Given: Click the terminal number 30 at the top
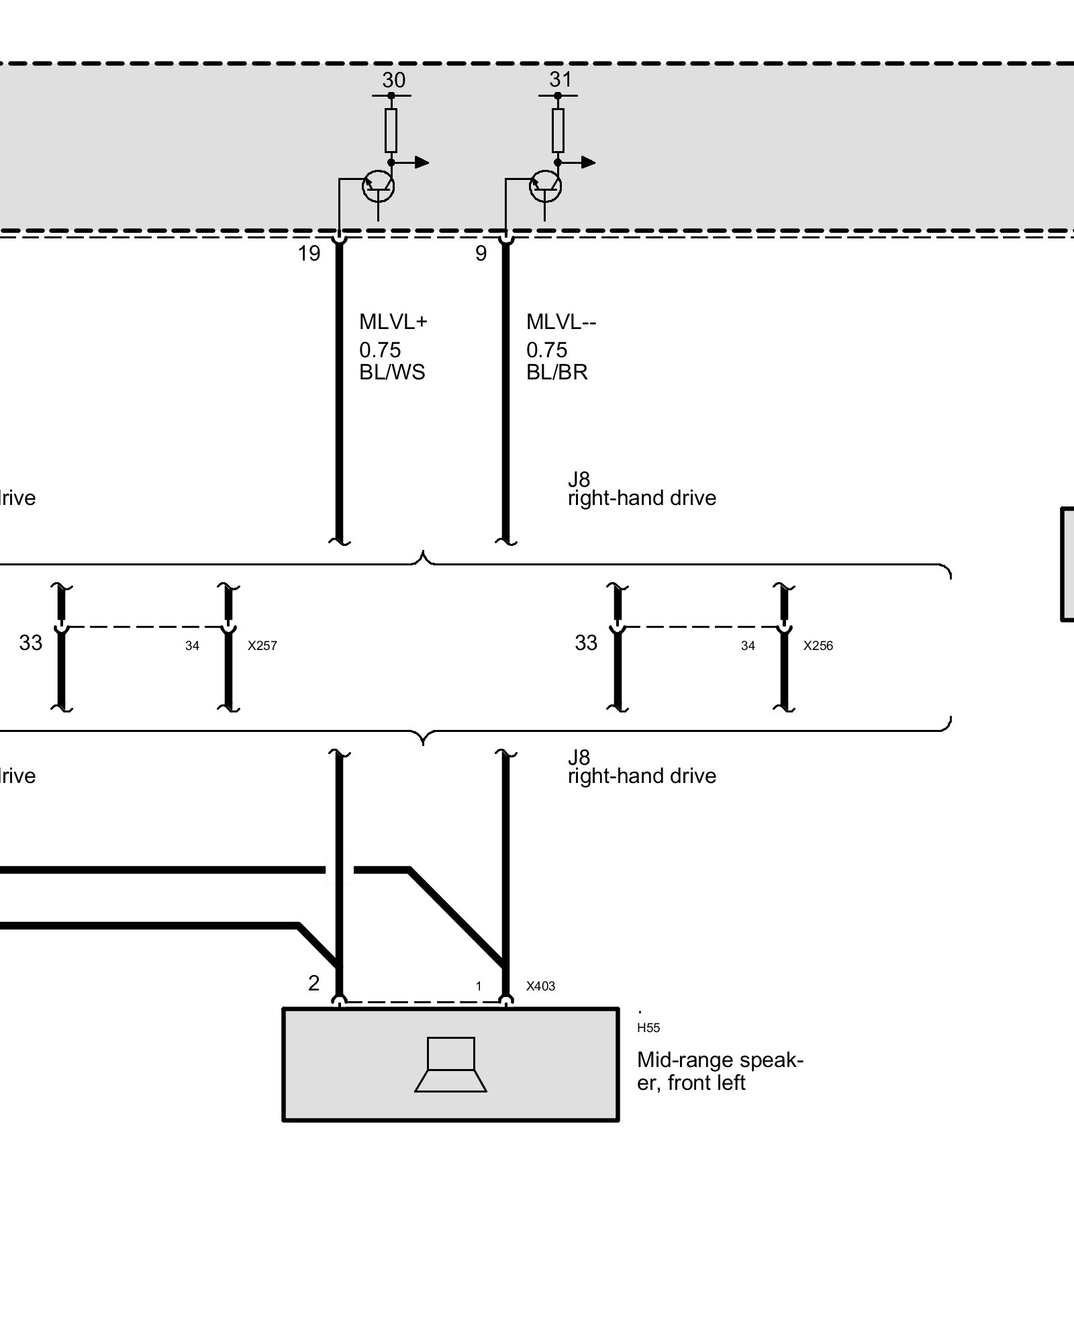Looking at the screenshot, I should pos(393,81).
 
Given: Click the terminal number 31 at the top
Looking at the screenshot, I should pos(560,80).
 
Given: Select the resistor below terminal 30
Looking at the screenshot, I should pos(391,130).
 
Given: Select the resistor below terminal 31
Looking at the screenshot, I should pos(558,130).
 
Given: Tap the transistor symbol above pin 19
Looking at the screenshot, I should pos(378,187).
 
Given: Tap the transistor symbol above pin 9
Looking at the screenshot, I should pos(545,187).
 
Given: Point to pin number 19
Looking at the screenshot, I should pos(309,254).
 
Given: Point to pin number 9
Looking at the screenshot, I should pos(481,254).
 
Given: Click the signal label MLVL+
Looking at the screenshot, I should pos(393,322).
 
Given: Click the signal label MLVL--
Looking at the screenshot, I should pos(561,322).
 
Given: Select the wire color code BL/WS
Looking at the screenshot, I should pos(392,373).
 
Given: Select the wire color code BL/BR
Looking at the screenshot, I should pos(556,373).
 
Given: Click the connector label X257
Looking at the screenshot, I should pos(262,646).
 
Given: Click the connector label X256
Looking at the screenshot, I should pos(818,646).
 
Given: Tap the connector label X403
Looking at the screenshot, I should pos(540,986).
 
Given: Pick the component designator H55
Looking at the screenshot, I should pos(648,1027).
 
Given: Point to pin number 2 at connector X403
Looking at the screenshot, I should pos(313,983).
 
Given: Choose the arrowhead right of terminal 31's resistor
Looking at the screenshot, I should pos(588,162).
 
